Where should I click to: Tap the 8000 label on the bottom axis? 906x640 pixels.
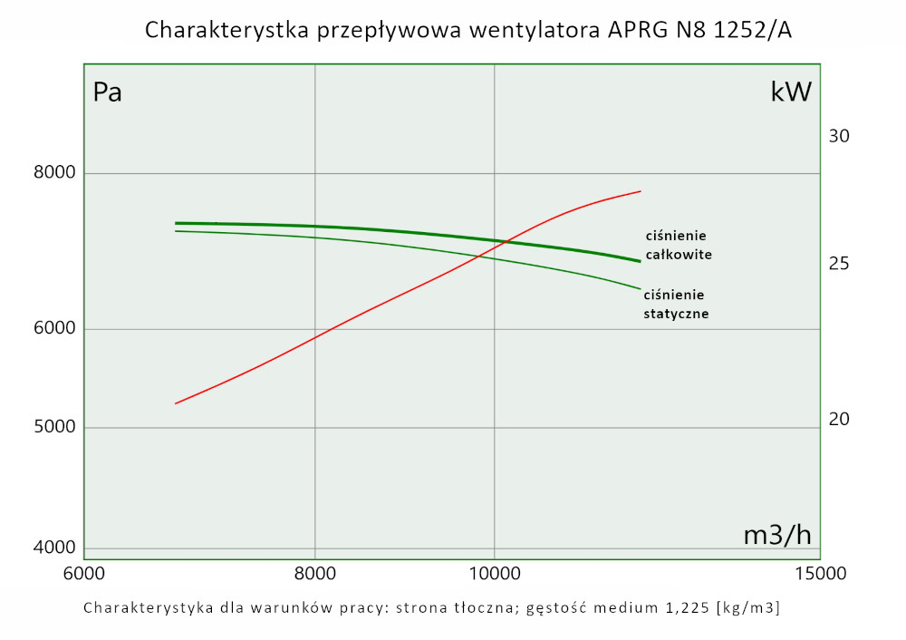[x=315, y=574]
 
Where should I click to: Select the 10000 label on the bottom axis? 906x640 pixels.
[x=495, y=574]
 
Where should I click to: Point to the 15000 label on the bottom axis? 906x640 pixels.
[x=821, y=574]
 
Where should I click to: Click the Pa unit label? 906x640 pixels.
[x=107, y=92]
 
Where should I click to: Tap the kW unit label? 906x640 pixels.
[x=791, y=92]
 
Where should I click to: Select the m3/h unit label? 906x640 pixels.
[x=776, y=535]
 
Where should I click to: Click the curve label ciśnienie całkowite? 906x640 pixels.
[x=678, y=245]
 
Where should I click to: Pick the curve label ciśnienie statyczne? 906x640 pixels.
[x=675, y=304]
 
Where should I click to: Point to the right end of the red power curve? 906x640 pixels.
[x=641, y=191]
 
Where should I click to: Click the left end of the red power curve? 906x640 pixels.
[x=176, y=403]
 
